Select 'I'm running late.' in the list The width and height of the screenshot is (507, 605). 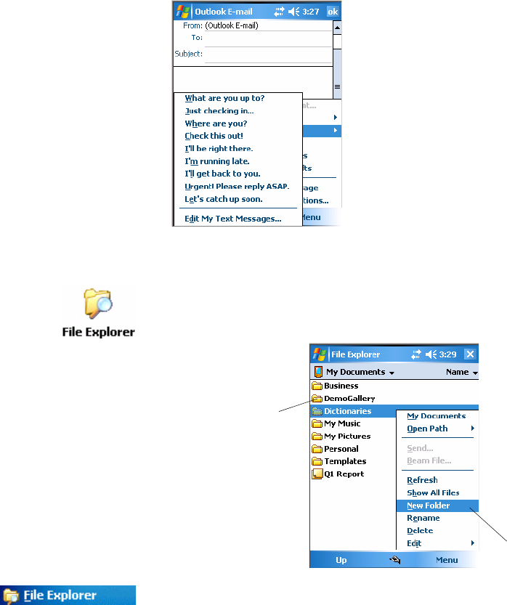pos(218,161)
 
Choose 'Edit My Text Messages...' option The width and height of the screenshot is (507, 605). pos(232,218)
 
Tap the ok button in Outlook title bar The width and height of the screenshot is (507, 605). pos(333,11)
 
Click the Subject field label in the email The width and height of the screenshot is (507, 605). pos(188,54)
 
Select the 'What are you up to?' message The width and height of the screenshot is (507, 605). pos(224,98)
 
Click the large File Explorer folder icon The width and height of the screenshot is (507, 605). pos(97,304)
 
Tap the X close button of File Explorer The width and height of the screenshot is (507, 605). pos(470,354)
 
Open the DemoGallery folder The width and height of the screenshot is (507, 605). pos(349,399)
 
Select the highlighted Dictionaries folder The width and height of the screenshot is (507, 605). pos(347,411)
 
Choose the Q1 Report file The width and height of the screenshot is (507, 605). pos(344,474)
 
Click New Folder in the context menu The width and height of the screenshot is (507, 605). pos(428,505)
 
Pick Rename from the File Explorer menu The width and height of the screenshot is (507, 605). pos(423,518)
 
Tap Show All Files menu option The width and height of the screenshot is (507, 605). pos(433,493)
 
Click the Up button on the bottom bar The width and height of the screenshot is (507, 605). pos(341,560)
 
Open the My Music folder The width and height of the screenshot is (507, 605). pos(341,423)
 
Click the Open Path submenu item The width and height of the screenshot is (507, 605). pos(427,429)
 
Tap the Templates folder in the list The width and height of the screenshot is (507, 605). pos(344,461)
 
